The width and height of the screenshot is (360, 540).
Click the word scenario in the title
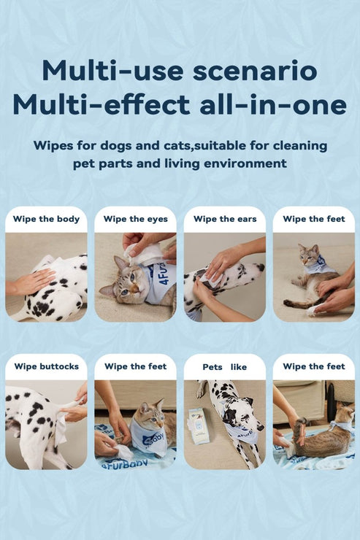[x=255, y=71]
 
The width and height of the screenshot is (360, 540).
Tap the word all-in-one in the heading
[x=273, y=104]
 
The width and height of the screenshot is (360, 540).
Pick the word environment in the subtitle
[x=245, y=163]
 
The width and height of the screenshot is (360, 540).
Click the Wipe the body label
[x=46, y=219]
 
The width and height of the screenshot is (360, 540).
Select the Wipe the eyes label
[x=135, y=219]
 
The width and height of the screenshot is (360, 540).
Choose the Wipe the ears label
[x=225, y=219]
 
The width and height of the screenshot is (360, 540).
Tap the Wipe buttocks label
[x=47, y=366]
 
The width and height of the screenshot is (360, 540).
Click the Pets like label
[x=225, y=367]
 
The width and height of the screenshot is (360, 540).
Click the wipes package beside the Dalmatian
[x=199, y=425]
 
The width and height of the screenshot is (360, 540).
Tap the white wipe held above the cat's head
[x=143, y=253]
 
